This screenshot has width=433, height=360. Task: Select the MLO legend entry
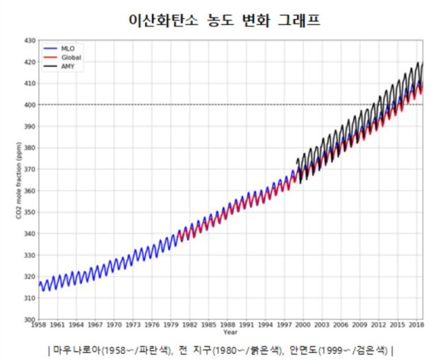pyautogui.click(x=66, y=48)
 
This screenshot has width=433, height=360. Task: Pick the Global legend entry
pyautogui.click(x=69, y=57)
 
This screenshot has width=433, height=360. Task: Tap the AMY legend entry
pyautogui.click(x=67, y=66)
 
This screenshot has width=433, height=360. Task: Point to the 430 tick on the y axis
pyautogui.click(x=30, y=40)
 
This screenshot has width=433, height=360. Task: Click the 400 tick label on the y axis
pyautogui.click(x=30, y=105)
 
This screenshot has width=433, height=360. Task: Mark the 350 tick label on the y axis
pyautogui.click(x=30, y=212)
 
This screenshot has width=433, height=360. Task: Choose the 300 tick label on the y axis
pyautogui.click(x=30, y=319)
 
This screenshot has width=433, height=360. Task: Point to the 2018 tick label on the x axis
pyautogui.click(x=415, y=324)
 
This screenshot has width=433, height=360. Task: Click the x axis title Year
pyautogui.click(x=231, y=332)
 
